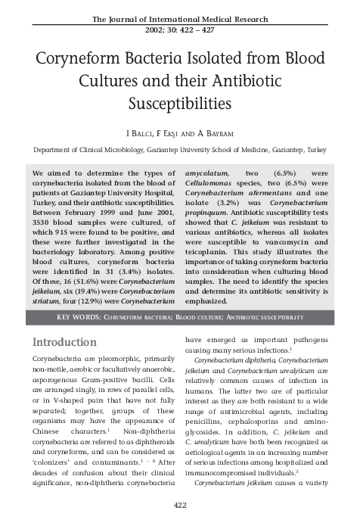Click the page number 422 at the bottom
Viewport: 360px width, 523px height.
pyautogui.click(x=180, y=505)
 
